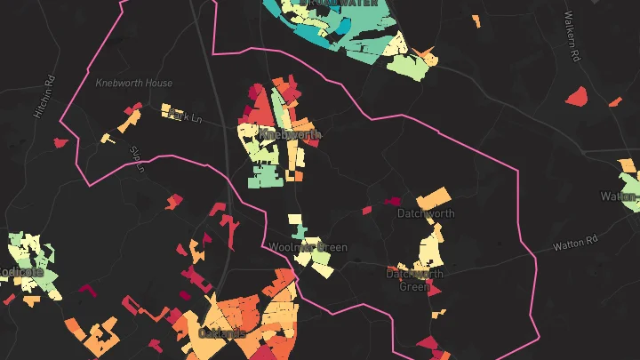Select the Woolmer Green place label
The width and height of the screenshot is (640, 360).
[308, 247]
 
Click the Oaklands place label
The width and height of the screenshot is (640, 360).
[223, 332]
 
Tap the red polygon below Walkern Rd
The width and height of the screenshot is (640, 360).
[577, 94]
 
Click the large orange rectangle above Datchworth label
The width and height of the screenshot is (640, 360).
[433, 197]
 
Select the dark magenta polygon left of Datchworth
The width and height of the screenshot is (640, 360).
[391, 201]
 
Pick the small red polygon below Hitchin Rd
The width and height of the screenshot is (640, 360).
[60, 142]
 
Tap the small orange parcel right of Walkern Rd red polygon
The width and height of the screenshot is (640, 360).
[614, 101]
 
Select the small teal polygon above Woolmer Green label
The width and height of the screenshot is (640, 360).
[300, 233]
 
